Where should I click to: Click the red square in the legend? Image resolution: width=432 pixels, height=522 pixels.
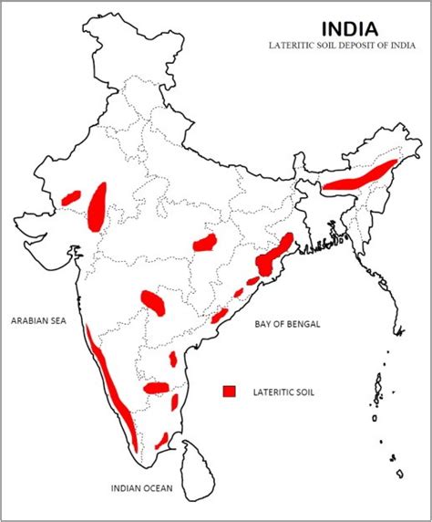(x=230, y=391)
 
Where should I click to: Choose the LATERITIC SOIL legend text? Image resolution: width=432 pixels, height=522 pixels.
(x=280, y=391)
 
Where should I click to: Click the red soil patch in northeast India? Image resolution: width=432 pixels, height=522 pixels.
(x=363, y=175)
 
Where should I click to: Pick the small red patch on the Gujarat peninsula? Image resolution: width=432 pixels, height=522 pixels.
(x=72, y=196)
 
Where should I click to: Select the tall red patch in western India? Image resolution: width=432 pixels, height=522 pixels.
(x=97, y=205)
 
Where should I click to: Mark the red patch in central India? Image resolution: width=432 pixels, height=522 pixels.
(x=205, y=243)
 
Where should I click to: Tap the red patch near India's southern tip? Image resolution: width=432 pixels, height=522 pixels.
(x=161, y=441)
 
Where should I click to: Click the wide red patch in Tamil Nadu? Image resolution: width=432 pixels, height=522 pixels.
(x=157, y=388)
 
